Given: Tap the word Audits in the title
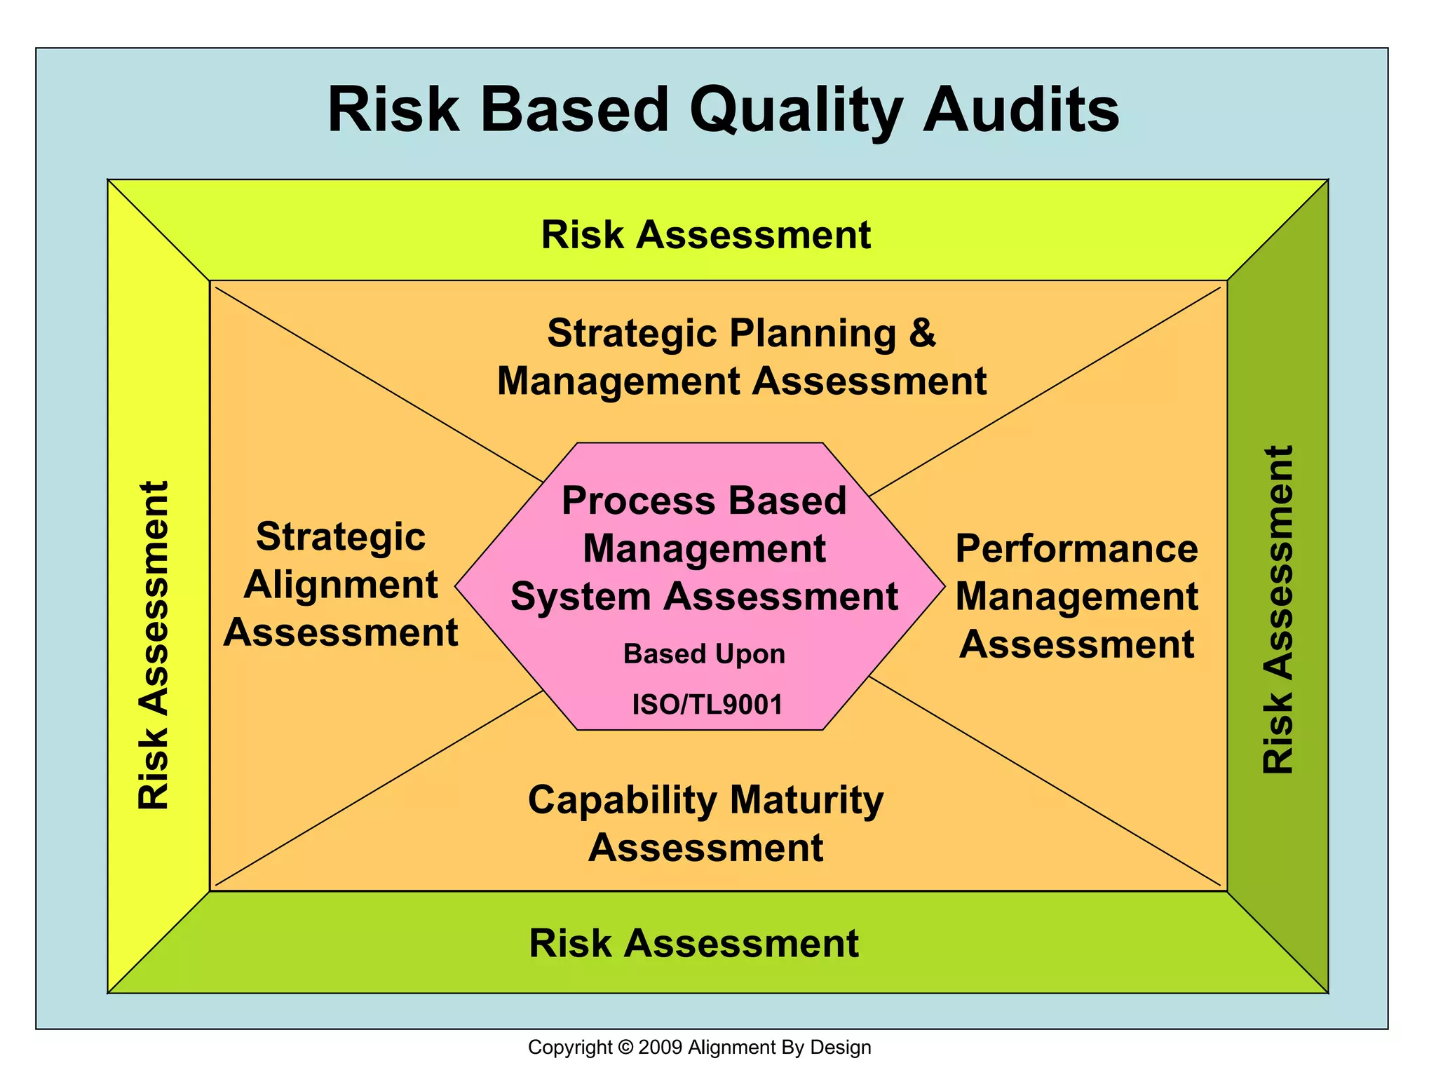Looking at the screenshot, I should pyautogui.click(x=1021, y=110).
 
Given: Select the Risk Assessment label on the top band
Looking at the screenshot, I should pyautogui.click(x=705, y=234).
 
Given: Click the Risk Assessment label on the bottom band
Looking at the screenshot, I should pyautogui.click(x=693, y=943).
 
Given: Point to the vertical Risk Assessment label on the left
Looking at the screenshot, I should pyautogui.click(x=154, y=645).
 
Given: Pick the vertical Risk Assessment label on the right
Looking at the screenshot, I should pyautogui.click(x=1278, y=609).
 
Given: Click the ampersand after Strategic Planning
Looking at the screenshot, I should pyautogui.click(x=922, y=332).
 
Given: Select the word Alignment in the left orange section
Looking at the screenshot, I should pyautogui.click(x=341, y=585).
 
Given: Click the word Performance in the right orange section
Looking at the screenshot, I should pyautogui.click(x=1076, y=548).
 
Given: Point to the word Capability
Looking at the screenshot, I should pyautogui.click(x=623, y=800).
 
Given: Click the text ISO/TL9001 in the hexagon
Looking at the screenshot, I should pyautogui.click(x=707, y=704).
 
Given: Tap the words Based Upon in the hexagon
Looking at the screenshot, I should pyautogui.click(x=704, y=654).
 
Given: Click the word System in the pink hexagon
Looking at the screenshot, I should pyautogui.click(x=581, y=597).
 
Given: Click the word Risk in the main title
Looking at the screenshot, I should pyautogui.click(x=393, y=110).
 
